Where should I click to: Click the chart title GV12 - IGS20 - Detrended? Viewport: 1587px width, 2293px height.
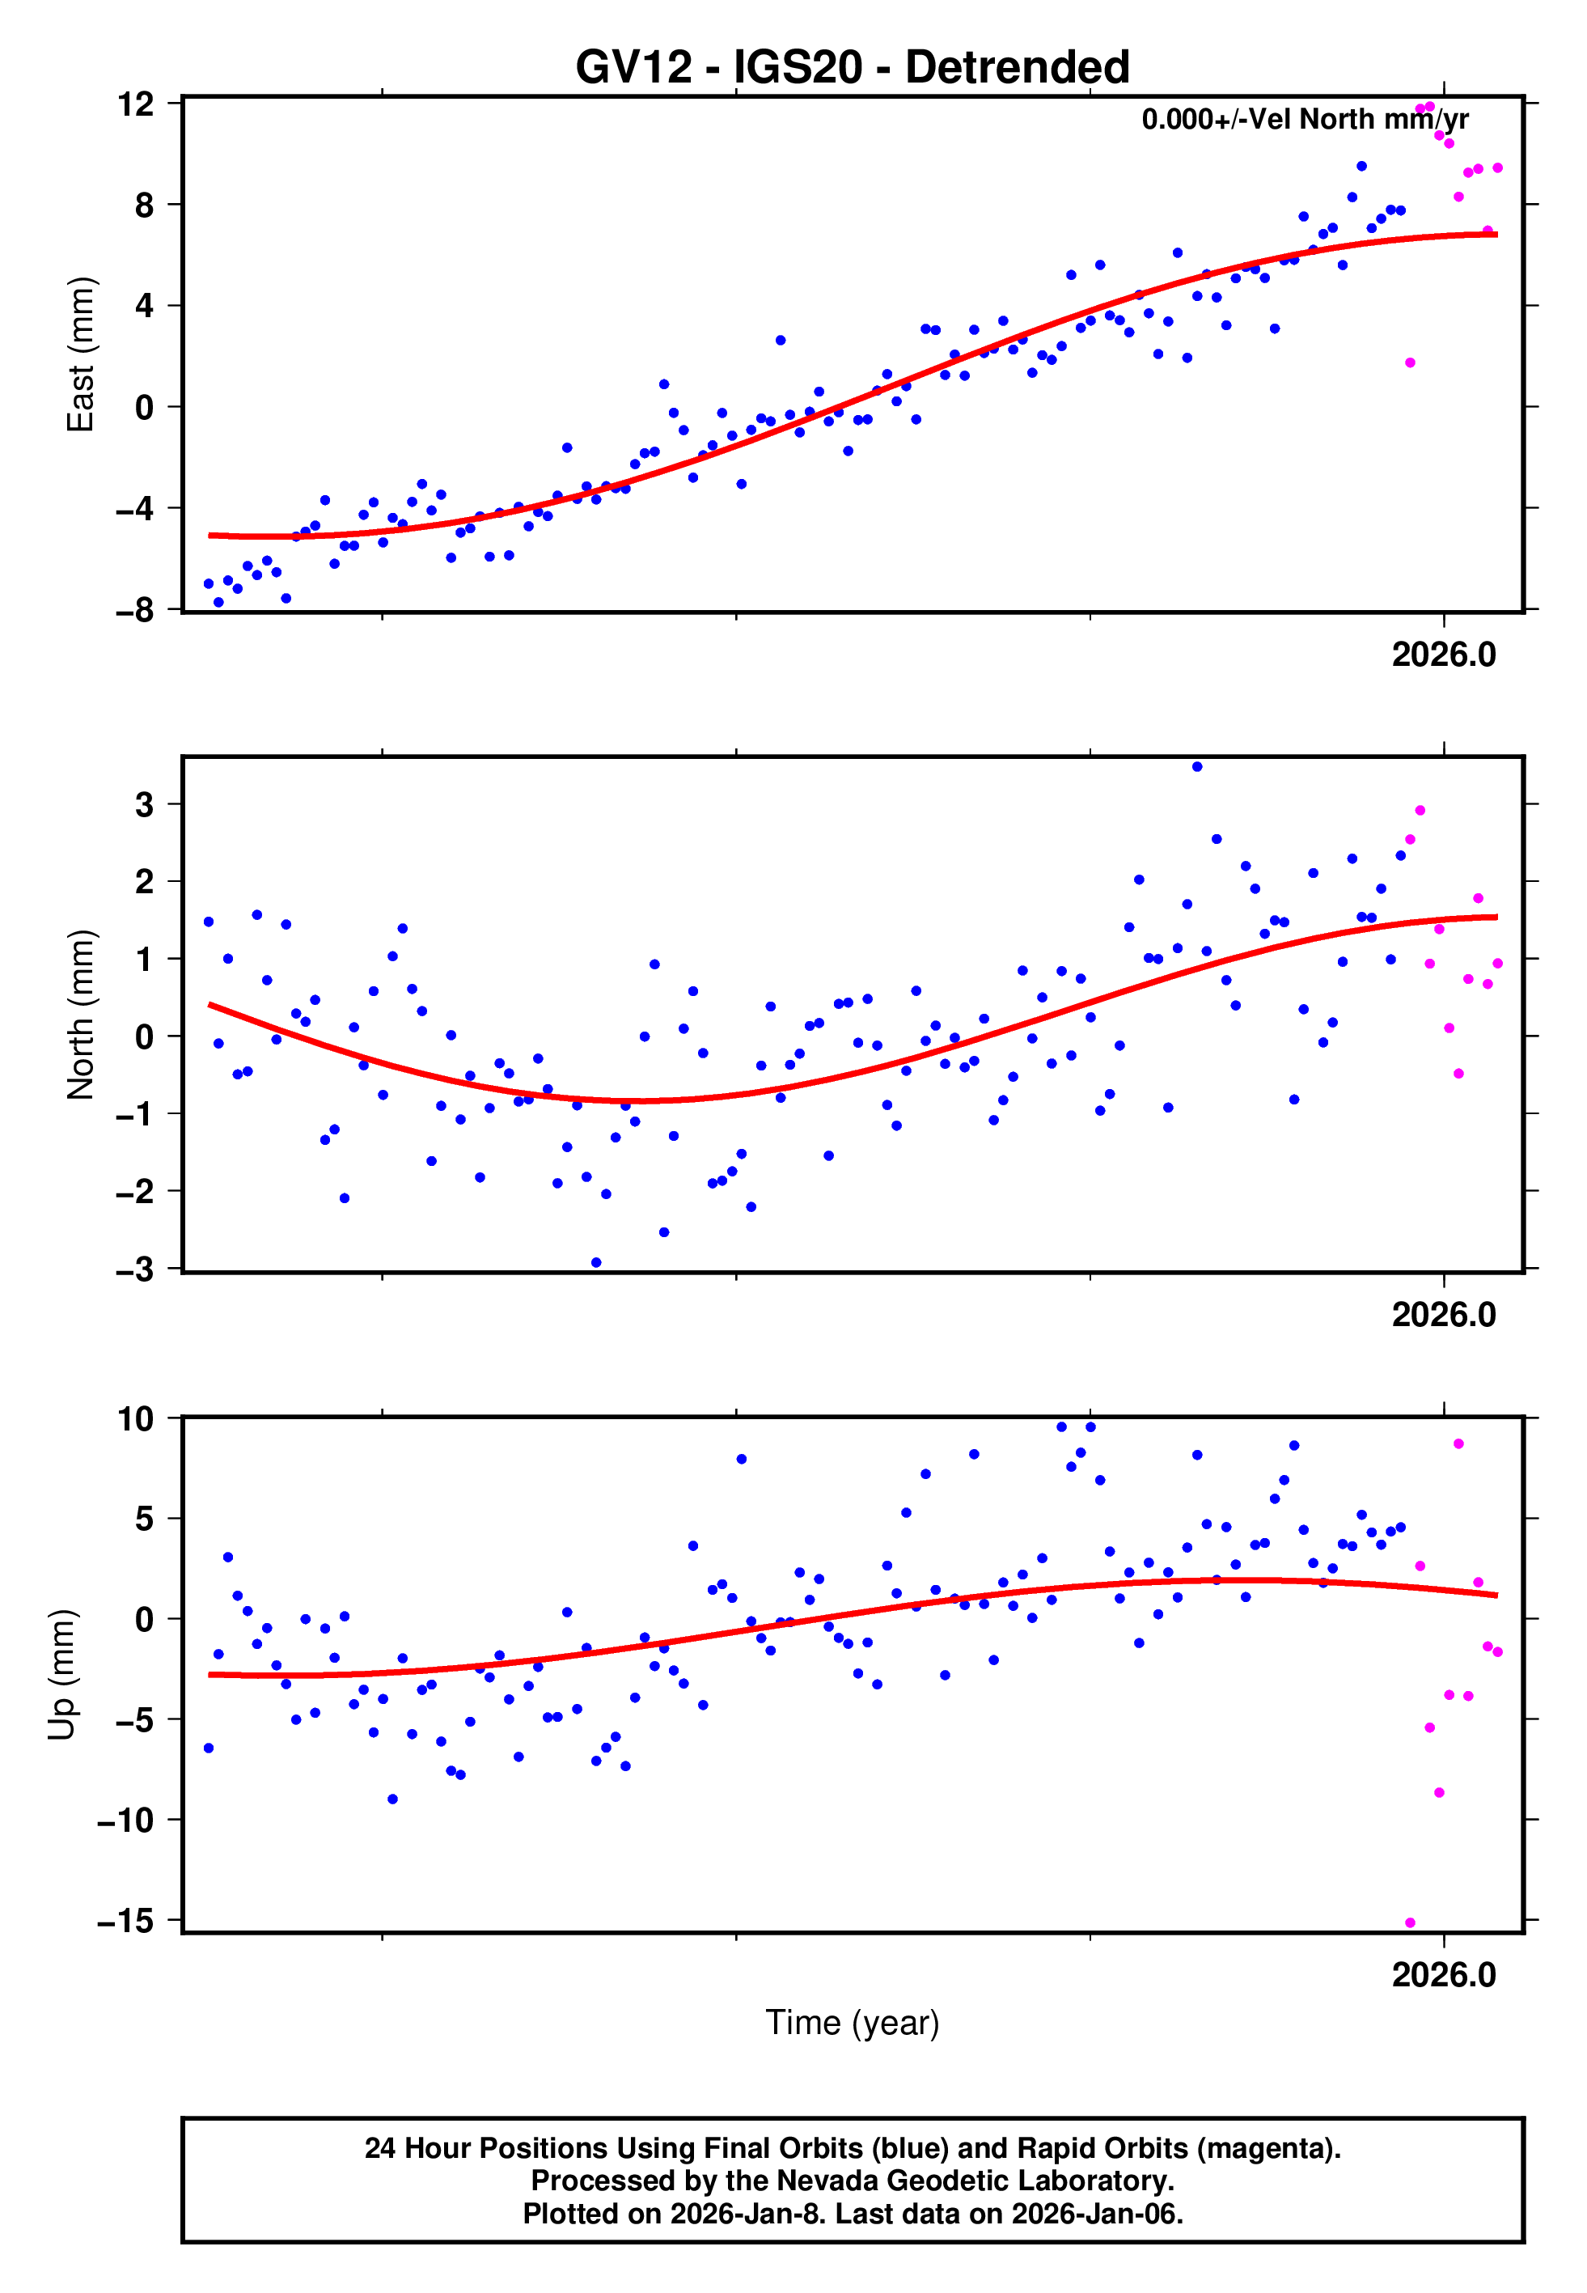coord(853,68)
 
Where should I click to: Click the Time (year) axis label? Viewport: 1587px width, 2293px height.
coord(853,2023)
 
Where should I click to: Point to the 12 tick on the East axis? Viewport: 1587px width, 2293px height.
coord(135,104)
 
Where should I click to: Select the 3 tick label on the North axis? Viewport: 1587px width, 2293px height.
coord(145,804)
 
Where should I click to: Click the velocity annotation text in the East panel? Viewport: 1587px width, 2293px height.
coord(1305,119)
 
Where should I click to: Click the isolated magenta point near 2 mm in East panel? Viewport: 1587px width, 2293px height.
coord(1410,363)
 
